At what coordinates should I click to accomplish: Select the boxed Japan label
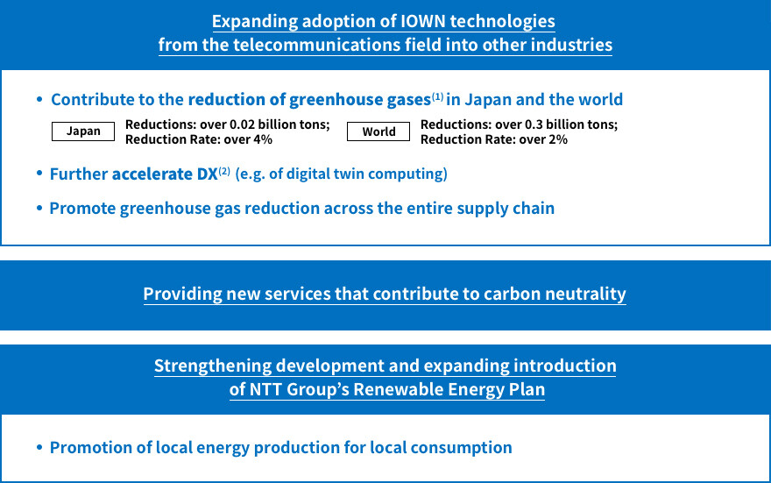click(x=83, y=131)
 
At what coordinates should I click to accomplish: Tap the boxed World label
click(x=378, y=131)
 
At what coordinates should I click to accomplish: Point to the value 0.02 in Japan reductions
click(x=242, y=124)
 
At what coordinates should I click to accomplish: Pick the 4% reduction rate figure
click(x=263, y=139)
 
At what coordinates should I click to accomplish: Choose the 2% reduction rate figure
click(x=558, y=139)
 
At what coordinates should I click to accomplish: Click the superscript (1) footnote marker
click(x=437, y=96)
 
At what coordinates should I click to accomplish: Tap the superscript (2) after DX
click(x=224, y=171)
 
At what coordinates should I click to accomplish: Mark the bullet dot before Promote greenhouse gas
click(x=39, y=208)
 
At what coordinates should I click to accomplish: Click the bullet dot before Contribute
click(x=39, y=99)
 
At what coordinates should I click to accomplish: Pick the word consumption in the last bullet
click(x=461, y=448)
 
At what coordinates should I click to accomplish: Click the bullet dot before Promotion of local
click(x=39, y=447)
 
